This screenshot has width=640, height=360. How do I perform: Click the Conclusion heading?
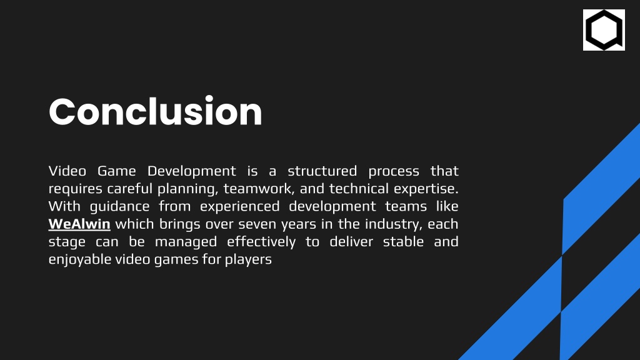pyautogui.click(x=155, y=111)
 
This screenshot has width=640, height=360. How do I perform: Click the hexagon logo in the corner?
pyautogui.click(x=604, y=30)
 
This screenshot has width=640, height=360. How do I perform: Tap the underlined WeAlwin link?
pyautogui.click(x=79, y=224)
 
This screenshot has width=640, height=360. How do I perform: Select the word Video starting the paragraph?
pyautogui.click(x=67, y=171)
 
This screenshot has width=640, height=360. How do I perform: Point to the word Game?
pyautogui.click(x=117, y=171)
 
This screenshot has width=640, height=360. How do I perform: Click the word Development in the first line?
pyautogui.click(x=191, y=171)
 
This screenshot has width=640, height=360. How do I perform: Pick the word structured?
pyautogui.click(x=322, y=171)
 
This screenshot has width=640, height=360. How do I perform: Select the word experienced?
pyautogui.click(x=239, y=207)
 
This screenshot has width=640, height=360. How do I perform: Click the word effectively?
pyautogui.click(x=261, y=242)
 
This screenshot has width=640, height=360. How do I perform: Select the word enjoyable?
pyautogui.click(x=80, y=260)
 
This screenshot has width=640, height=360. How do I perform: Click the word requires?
pyautogui.click(x=76, y=189)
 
